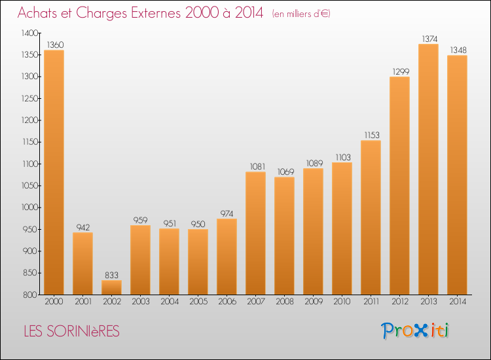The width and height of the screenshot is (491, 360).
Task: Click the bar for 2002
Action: pyautogui.click(x=111, y=287)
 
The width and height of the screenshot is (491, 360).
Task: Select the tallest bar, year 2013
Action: pyautogui.click(x=428, y=170)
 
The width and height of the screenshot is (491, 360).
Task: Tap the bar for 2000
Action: pyautogui.click(x=54, y=173)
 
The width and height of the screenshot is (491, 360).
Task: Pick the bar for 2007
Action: pyautogui.click(x=255, y=233)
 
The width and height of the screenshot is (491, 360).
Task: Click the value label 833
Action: pyautogui.click(x=111, y=275)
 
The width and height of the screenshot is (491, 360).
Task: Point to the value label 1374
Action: pyautogui.click(x=429, y=39)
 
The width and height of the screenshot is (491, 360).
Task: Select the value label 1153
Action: pyautogui.click(x=372, y=135)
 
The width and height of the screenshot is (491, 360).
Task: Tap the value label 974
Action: pyautogui.click(x=227, y=214)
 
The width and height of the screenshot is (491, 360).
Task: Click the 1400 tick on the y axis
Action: pyautogui.click(x=29, y=33)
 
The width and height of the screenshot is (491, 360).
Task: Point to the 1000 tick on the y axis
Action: pyautogui.click(x=29, y=207)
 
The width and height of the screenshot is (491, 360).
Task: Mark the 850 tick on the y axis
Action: pyautogui.click(x=30, y=273)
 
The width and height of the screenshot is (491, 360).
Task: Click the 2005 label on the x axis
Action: pyautogui.click(x=198, y=302)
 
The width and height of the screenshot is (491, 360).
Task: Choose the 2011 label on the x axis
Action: pyautogui.click(x=371, y=302)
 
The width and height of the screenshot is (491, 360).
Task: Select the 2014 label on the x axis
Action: pyautogui.click(x=458, y=302)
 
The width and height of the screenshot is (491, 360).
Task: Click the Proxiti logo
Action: pyautogui.click(x=415, y=331)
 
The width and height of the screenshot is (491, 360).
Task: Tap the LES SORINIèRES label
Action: pyautogui.click(x=72, y=331)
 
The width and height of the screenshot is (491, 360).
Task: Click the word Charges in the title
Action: pyautogui.click(x=101, y=13)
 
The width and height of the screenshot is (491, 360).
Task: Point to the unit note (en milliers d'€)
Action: pyautogui.click(x=301, y=14)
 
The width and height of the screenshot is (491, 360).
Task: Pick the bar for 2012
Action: pyautogui.click(x=399, y=186)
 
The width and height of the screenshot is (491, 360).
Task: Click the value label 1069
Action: pyautogui.click(x=285, y=172)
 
